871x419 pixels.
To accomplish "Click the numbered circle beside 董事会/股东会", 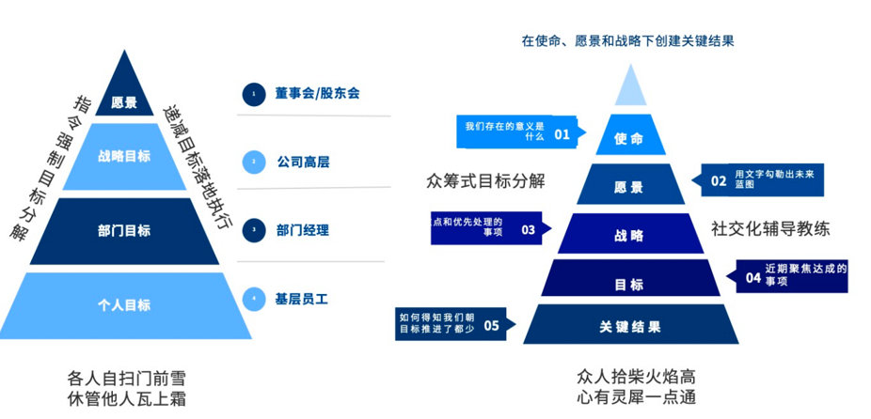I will pyautogui.click(x=253, y=93).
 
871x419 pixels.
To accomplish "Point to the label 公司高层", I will pyautogui.click(x=303, y=162).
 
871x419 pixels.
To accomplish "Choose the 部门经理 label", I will pyautogui.click(x=303, y=230).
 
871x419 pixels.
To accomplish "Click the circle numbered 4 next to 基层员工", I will pyautogui.click(x=253, y=300).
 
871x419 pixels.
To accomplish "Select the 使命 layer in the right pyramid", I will pyautogui.click(x=629, y=139).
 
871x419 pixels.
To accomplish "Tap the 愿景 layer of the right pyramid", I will pyautogui.click(x=629, y=186).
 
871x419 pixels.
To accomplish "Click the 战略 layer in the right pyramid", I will pyautogui.click(x=629, y=235).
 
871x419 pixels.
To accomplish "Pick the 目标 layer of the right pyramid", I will pyautogui.click(x=629, y=283).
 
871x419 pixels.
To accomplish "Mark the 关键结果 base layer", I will pyautogui.click(x=629, y=327).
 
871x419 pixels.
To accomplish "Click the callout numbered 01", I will pyautogui.click(x=517, y=132).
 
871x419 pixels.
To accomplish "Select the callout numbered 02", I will pyautogui.click(x=763, y=179).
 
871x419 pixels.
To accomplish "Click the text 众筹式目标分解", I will pyautogui.click(x=485, y=180).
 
